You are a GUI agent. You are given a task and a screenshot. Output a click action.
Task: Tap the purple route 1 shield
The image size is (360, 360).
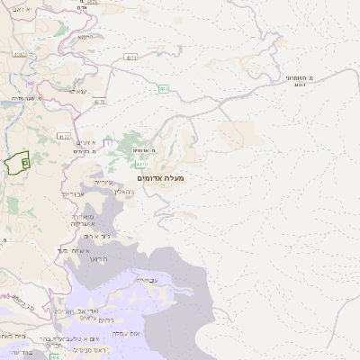pyautogui.click(x=108, y=143)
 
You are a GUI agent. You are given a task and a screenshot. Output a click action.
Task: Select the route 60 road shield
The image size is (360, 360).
pyautogui.click(x=31, y=82)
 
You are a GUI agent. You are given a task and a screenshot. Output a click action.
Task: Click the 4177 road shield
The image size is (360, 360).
pyautogui.click(x=63, y=137)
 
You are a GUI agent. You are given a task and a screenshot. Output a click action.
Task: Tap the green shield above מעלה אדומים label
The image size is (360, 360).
pyautogui.click(x=141, y=165)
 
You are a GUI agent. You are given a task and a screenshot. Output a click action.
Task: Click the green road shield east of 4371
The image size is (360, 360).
pyautogui.click(x=163, y=89)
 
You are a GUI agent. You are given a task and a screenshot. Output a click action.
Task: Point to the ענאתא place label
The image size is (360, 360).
pyautogui.click(x=77, y=91)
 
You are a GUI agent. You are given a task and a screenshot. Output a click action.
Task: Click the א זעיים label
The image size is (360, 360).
pyautogui.click(x=85, y=143)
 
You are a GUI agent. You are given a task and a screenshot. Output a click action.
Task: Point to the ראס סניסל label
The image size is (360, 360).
pyautogui.click(x=95, y=349)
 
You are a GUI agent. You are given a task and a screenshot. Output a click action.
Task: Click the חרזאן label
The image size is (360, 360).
pyautogui.click(x=100, y=258)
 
